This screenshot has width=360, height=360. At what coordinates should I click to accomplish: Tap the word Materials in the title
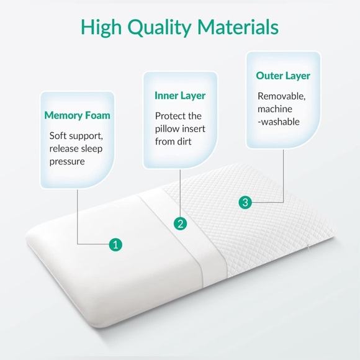[238, 27]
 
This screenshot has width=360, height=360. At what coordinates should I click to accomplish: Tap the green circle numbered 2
[181, 223]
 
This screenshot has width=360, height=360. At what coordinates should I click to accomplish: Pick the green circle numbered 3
[245, 202]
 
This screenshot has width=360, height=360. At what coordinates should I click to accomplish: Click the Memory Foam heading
[77, 115]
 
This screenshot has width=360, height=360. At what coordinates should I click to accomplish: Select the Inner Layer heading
[180, 96]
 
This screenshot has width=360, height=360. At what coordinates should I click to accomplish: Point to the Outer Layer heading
[283, 76]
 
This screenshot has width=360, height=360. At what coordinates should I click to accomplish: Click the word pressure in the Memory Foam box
[67, 162]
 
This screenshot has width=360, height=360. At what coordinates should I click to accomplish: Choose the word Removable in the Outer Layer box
[281, 96]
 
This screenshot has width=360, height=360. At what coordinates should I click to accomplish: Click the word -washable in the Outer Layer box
[279, 122]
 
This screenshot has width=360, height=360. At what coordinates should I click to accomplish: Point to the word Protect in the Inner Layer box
[169, 116]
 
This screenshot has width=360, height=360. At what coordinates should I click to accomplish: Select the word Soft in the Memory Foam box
[59, 136]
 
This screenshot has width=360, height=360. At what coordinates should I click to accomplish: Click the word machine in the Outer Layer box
[275, 109]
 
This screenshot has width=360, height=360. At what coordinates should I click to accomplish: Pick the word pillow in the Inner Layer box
[167, 128]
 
